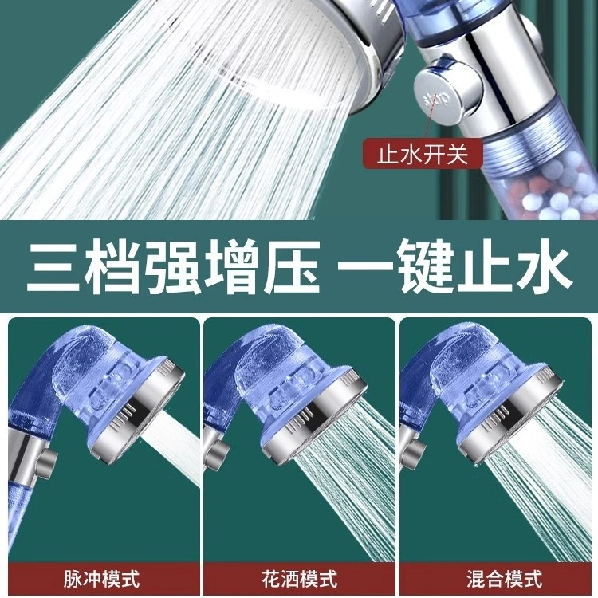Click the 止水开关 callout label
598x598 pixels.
click(423, 155)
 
